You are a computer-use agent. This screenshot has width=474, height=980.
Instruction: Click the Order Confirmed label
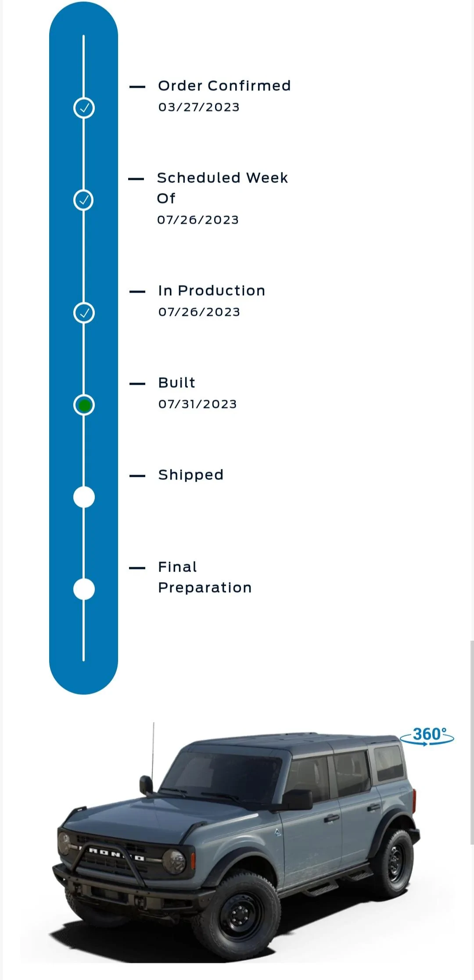pyautogui.click(x=224, y=86)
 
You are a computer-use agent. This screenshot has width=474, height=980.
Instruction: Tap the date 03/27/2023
pyautogui.click(x=199, y=107)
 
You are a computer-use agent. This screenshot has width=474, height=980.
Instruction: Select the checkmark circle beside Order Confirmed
pyautogui.click(x=84, y=108)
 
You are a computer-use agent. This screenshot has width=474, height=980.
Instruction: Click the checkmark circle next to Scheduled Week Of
pyautogui.click(x=83, y=200)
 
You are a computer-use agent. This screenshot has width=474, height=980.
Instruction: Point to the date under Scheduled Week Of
pyautogui.click(x=198, y=220)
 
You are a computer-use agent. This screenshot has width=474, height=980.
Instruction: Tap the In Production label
pyautogui.click(x=212, y=290)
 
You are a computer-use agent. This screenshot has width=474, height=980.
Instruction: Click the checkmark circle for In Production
pyautogui.click(x=84, y=313)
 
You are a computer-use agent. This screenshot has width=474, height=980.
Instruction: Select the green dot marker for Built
pyautogui.click(x=84, y=405)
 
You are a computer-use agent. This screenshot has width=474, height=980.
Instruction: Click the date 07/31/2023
pyautogui.click(x=197, y=404)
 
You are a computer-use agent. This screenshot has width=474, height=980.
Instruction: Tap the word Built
pyautogui.click(x=176, y=383)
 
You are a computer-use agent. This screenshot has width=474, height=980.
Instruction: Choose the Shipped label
pyautogui.click(x=190, y=475)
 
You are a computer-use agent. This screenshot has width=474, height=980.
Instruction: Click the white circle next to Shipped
pyautogui.click(x=84, y=497)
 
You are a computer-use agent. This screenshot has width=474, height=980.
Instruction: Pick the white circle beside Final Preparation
pyautogui.click(x=84, y=589)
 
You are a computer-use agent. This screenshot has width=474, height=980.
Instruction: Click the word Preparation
pyautogui.click(x=205, y=588)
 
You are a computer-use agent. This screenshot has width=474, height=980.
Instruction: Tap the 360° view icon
pyautogui.click(x=427, y=736)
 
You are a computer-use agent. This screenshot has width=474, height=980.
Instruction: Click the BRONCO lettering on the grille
pyautogui.click(x=116, y=855)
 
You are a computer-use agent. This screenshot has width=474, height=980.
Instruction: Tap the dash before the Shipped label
pyautogui.click(x=137, y=476)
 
